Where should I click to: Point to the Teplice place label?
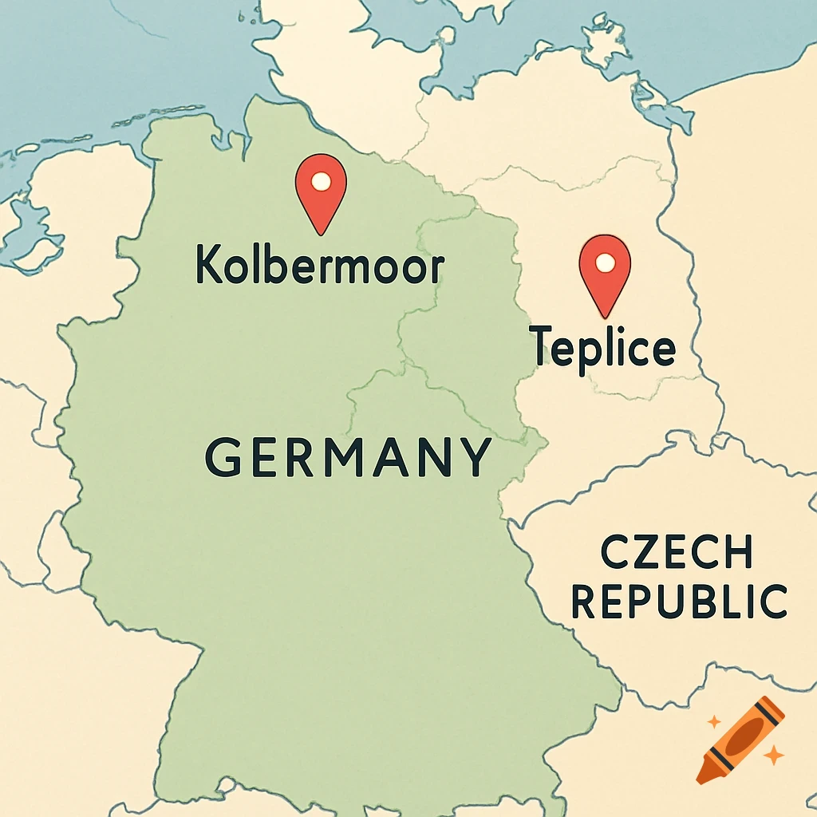click(603, 347)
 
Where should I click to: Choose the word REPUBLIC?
click(680, 602)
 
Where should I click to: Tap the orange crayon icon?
click(740, 739)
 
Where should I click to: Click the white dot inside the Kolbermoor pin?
click(321, 181)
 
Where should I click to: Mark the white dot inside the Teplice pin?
click(605, 262)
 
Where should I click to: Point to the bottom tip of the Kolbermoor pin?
click(321, 234)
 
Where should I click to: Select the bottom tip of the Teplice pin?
click(605, 315)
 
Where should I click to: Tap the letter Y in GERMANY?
click(476, 457)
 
